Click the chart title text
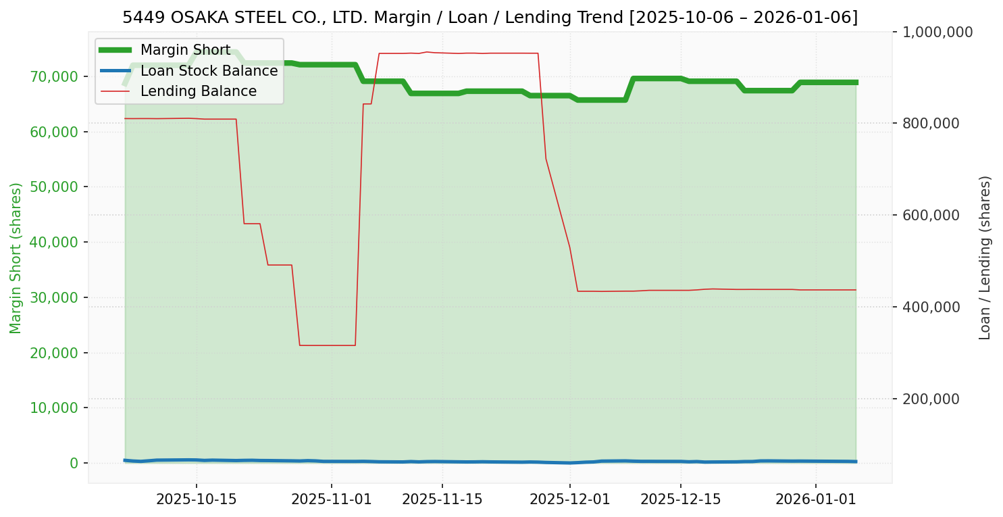coord(490,18)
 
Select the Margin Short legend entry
coord(185,49)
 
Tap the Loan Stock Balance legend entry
coord(209,70)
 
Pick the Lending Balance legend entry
coord(198,91)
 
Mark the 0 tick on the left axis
coord(73,463)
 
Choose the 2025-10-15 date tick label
coord(197,499)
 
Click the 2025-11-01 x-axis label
coord(332,499)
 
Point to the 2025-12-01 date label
coord(569,499)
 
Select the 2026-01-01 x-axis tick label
coord(816,499)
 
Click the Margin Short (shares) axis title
coord(16,258)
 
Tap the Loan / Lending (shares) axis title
coord(985,258)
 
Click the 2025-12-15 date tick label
coord(680,499)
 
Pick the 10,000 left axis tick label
coord(54,408)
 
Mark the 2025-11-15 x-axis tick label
coord(442,499)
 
